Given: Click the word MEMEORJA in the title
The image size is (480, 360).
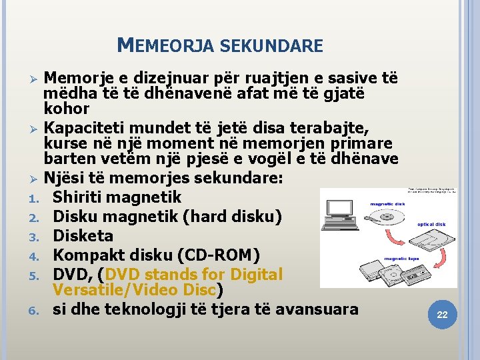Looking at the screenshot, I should [x=165, y=46].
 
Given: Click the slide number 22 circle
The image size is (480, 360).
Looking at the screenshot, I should [x=441, y=315].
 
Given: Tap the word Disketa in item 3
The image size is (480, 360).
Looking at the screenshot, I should [x=83, y=236].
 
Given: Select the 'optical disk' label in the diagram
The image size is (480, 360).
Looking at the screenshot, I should [x=431, y=225].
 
